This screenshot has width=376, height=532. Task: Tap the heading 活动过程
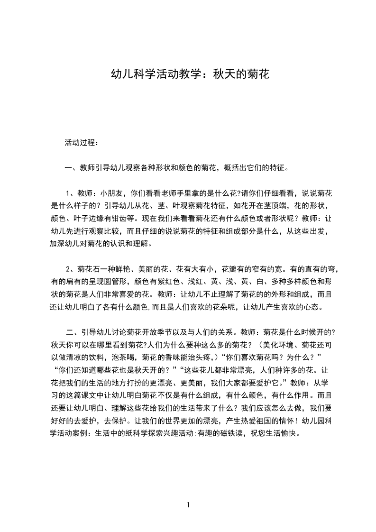(x=80, y=142)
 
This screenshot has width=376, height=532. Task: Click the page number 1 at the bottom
(x=188, y=504)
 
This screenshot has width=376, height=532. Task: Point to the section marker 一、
(x=69, y=167)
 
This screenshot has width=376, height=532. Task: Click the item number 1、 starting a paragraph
(x=71, y=193)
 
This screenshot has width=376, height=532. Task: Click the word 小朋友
(x=111, y=193)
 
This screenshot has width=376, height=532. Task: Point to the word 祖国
(x=249, y=421)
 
